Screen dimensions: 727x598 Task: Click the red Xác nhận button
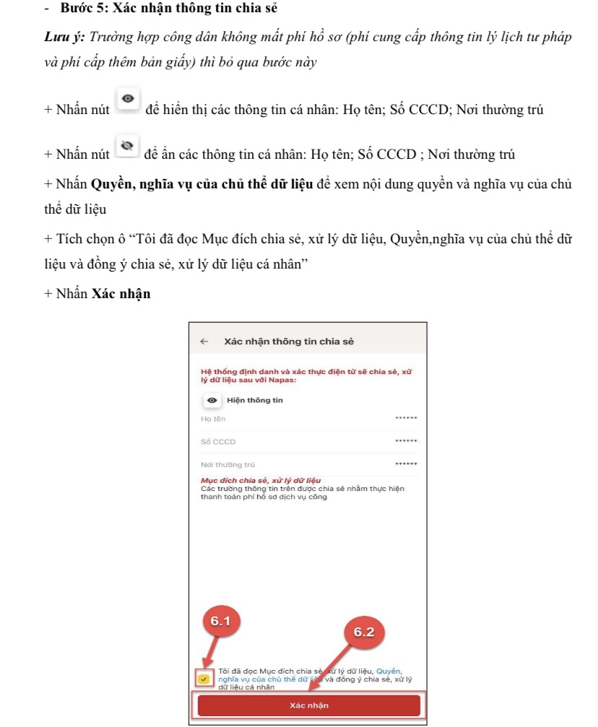point(308,705)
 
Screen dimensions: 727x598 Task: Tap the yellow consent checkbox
point(204,679)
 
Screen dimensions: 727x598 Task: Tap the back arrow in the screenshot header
point(204,341)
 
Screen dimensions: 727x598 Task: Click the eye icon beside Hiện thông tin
point(212,401)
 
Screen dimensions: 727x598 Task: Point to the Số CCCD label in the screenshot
point(218,441)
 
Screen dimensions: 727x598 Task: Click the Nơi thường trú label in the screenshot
point(227,464)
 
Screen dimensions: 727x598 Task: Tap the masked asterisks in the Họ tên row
point(406,418)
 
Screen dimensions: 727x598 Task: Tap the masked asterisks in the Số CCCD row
point(406,440)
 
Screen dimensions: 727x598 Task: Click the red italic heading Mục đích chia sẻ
point(260,480)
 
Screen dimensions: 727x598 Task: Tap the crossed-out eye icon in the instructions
point(127,147)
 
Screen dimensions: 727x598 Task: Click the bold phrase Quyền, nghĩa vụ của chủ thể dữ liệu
point(201,184)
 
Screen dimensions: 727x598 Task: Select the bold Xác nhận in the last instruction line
point(121,294)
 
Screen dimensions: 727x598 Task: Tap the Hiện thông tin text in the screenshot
point(255,401)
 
